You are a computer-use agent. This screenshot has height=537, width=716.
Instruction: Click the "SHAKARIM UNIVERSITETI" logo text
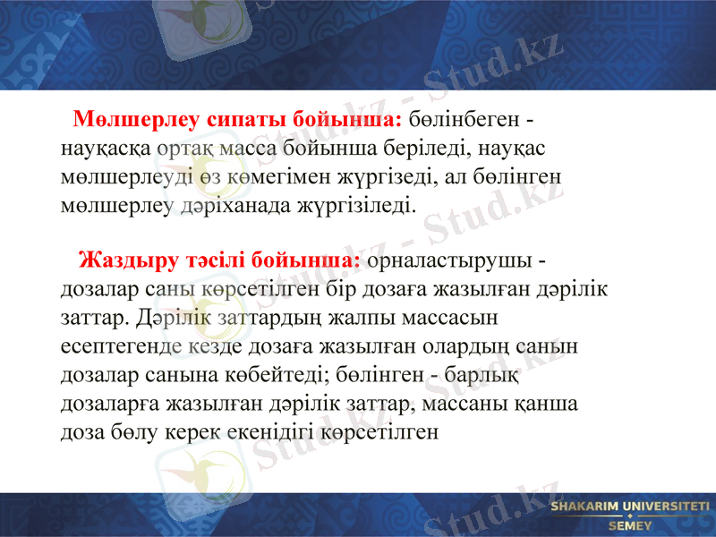[629, 507]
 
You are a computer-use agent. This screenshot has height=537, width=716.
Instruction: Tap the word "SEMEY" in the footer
[630, 526]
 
